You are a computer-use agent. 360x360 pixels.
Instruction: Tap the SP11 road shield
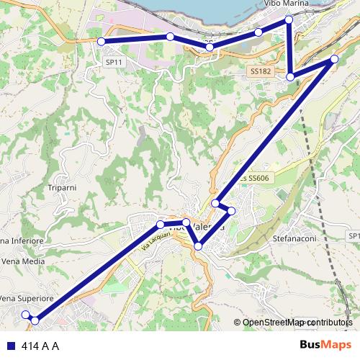112,63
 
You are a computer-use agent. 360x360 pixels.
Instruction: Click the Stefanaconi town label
295,237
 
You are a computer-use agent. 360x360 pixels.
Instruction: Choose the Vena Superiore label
26,298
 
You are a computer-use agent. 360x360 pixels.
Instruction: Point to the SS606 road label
255,178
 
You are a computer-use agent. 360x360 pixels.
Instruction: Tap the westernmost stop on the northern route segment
102,41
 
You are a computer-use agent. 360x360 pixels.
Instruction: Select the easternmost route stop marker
334,59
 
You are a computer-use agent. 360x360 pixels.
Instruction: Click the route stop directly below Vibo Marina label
289,19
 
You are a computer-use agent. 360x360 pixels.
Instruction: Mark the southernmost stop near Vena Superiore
35,320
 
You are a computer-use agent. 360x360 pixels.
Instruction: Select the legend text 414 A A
40,346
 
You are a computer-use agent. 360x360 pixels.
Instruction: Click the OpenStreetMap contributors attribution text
297,323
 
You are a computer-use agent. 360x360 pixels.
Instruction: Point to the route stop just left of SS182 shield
290,76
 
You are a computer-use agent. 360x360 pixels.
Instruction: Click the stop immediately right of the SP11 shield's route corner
170,37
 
